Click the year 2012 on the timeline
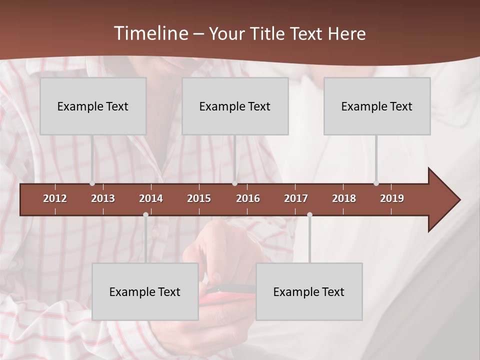(x=55, y=198)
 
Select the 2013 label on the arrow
(x=103, y=198)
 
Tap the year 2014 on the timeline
(x=151, y=198)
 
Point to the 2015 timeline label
(x=199, y=198)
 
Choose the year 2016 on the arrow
(x=248, y=198)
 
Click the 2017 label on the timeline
(x=296, y=198)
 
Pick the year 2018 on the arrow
(x=344, y=198)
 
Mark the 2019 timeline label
(x=392, y=198)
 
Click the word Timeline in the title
(x=150, y=33)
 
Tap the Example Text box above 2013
(x=93, y=106)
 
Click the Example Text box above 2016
(x=235, y=106)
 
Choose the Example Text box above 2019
(x=377, y=106)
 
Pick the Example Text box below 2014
(x=145, y=291)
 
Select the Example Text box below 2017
(x=309, y=291)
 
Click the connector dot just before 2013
(x=92, y=183)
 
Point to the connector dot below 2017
(x=309, y=214)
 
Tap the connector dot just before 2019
(x=376, y=183)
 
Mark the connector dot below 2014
(x=145, y=214)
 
